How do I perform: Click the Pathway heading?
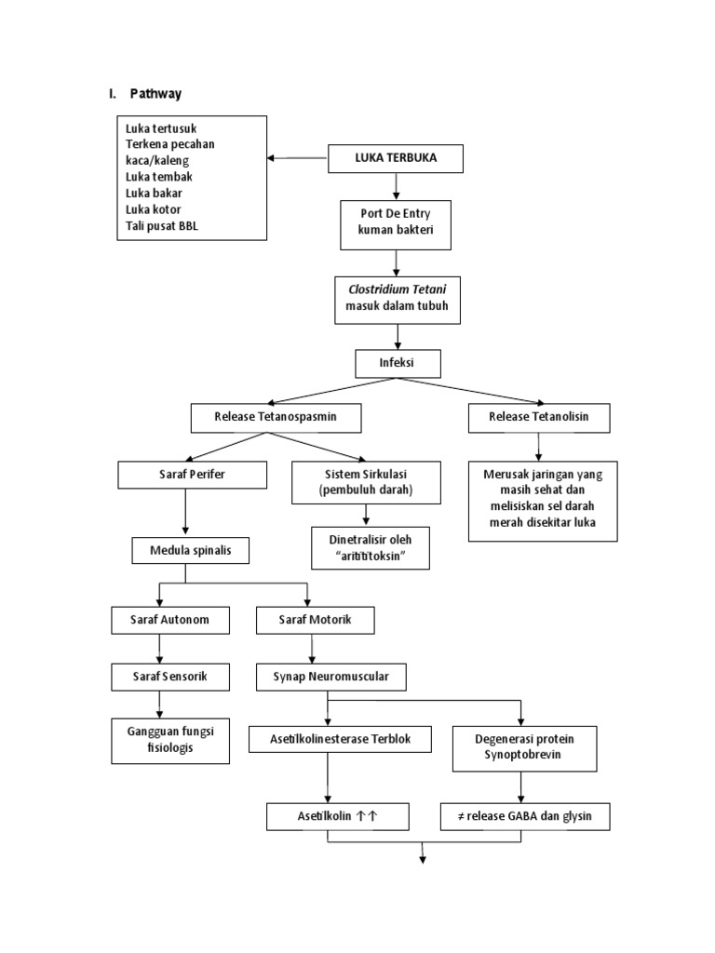click(155, 93)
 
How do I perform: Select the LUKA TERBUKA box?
click(396, 158)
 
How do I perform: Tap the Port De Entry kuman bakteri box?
click(396, 224)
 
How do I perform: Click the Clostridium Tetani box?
click(398, 299)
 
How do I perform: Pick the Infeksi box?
click(398, 362)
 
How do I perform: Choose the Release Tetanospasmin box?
click(275, 418)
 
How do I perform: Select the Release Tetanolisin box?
click(539, 418)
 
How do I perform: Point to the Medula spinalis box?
click(192, 551)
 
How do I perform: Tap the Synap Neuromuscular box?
click(331, 677)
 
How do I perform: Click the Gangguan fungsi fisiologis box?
click(170, 740)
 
